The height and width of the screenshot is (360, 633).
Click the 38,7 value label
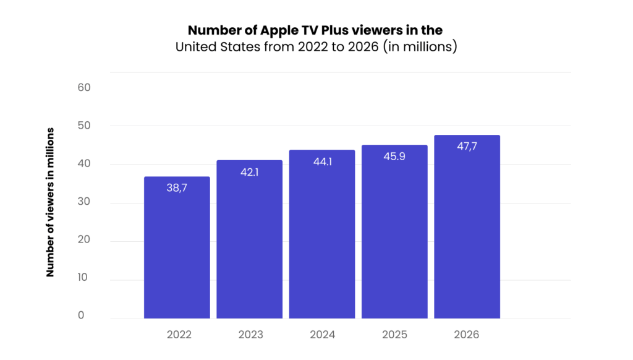(177, 188)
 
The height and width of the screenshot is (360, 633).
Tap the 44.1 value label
(322, 161)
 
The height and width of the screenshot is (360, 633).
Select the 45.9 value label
(394, 156)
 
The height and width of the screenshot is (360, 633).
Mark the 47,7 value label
(467, 147)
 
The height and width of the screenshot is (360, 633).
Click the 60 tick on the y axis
(84, 87)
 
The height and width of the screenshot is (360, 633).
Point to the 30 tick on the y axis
(84, 202)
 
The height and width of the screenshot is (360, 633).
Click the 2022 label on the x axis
(179, 335)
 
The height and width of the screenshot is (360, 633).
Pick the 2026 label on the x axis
(467, 335)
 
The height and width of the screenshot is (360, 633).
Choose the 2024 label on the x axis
(323, 335)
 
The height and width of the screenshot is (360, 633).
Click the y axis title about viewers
(51, 202)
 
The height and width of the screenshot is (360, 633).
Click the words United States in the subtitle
(214, 47)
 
